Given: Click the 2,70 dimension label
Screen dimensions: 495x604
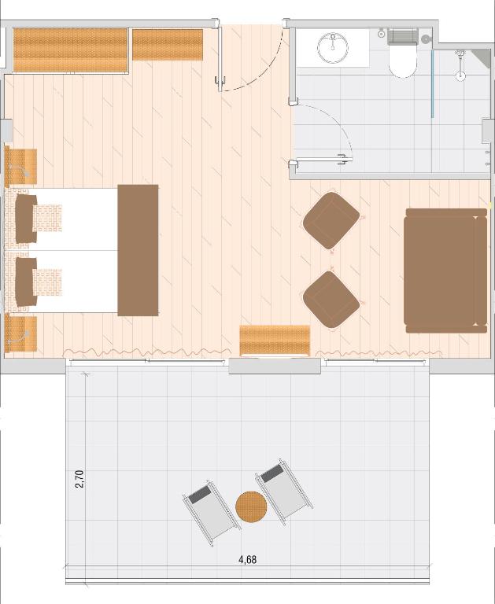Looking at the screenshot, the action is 79,479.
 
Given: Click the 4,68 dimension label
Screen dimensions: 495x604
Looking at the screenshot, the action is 247,560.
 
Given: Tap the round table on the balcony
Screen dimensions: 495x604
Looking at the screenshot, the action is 251,506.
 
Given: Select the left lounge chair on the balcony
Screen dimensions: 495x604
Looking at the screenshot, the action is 211,512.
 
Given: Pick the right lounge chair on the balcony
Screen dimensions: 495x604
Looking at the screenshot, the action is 285,492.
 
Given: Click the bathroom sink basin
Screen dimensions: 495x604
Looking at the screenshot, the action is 333,48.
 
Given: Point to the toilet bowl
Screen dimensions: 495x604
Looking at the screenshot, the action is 403,60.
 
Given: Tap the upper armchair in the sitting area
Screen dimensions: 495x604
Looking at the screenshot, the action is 331,221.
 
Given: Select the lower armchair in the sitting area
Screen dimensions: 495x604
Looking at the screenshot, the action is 331,300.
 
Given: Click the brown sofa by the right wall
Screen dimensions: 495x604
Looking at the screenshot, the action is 445,271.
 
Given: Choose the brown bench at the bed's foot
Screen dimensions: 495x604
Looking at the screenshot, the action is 138,250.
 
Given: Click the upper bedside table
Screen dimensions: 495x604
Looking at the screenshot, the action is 20,167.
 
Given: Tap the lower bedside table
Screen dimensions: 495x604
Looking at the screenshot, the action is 20,333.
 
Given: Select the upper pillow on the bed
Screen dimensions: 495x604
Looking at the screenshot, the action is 25,219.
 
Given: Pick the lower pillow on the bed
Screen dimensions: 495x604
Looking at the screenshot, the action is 25,282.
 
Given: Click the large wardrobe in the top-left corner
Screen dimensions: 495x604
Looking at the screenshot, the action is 70,50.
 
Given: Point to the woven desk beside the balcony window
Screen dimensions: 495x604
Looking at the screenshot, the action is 275,340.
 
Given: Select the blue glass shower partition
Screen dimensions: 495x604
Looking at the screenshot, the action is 433,84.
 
